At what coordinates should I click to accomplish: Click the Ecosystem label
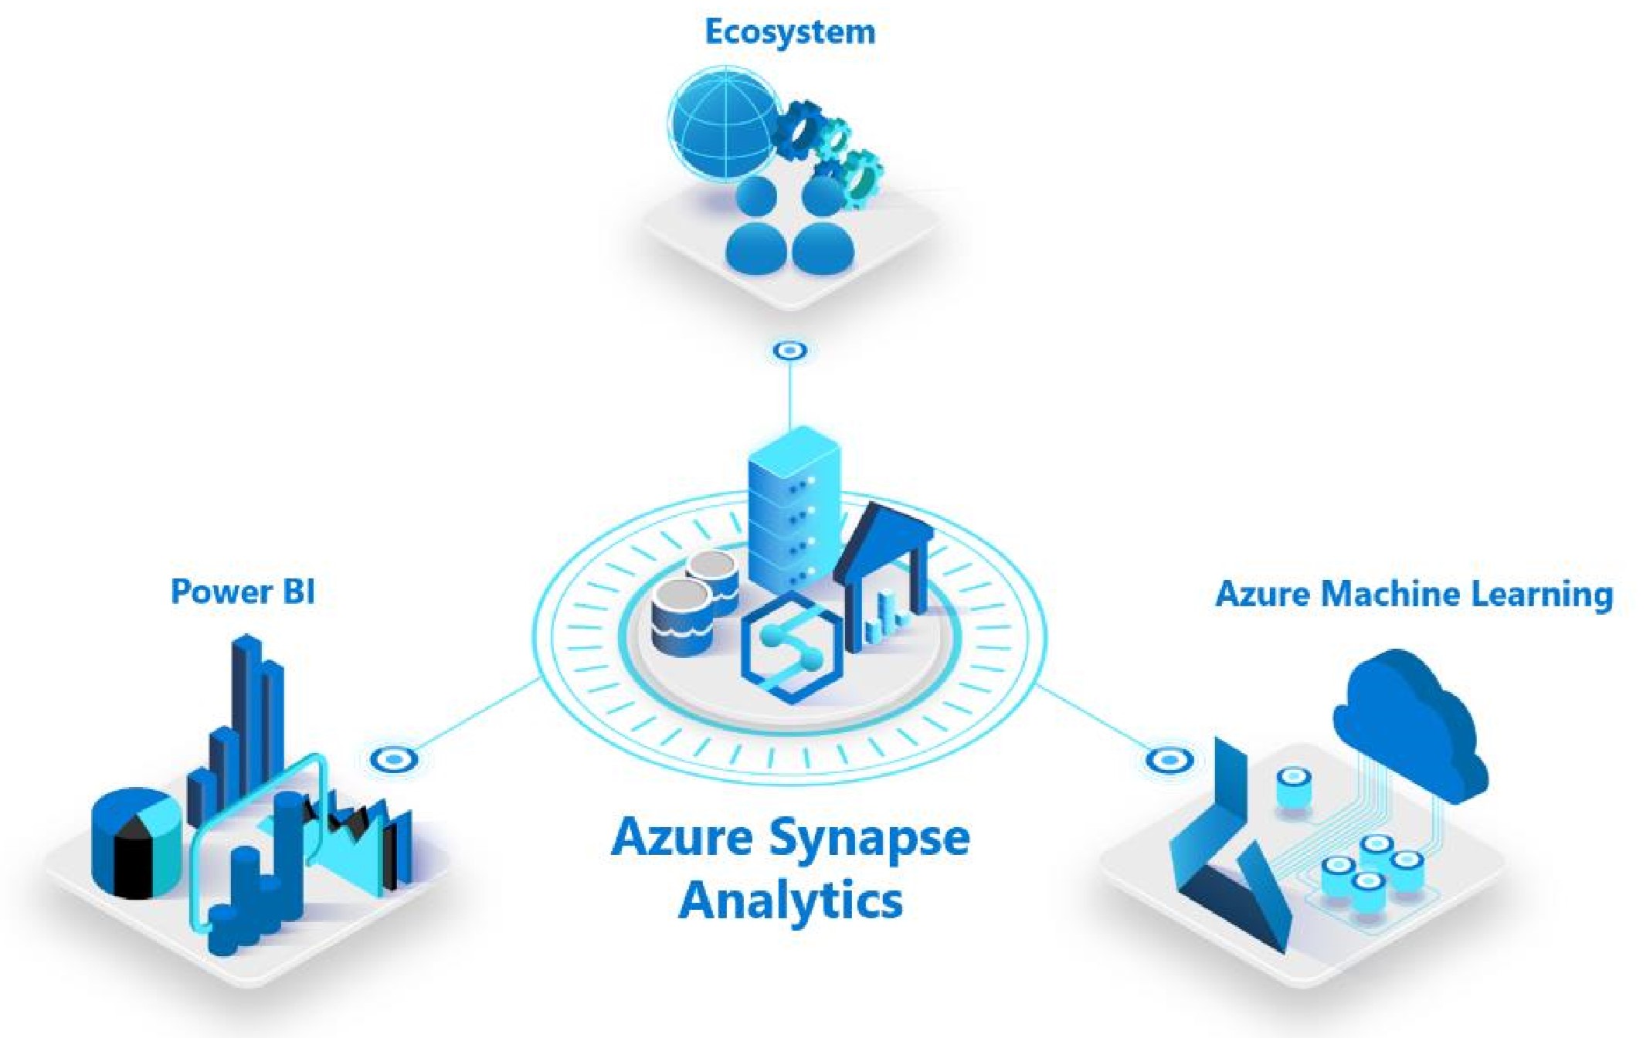(x=790, y=32)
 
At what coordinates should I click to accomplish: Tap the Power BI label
(x=243, y=592)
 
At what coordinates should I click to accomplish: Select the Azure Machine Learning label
(x=1414, y=594)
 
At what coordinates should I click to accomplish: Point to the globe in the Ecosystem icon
(x=724, y=123)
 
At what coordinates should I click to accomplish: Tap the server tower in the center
(x=793, y=510)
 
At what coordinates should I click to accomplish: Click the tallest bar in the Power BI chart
(x=246, y=711)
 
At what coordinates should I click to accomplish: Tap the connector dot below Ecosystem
(x=789, y=351)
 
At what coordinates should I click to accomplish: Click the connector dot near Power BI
(x=394, y=760)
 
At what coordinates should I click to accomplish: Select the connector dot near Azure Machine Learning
(x=1169, y=760)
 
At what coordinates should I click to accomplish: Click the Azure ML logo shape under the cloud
(x=1228, y=857)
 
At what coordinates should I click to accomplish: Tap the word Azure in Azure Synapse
(x=681, y=838)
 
